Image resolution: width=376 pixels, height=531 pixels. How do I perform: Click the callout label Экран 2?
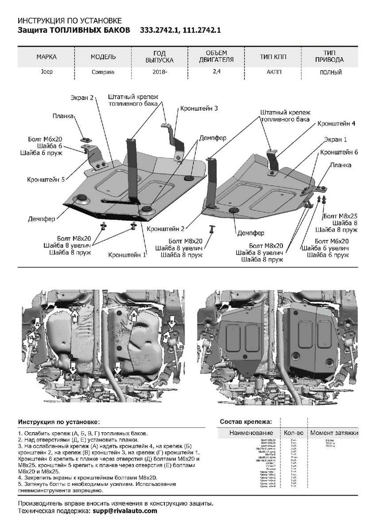click(x=82, y=98)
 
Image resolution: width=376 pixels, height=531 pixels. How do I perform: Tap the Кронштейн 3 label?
click(x=198, y=108)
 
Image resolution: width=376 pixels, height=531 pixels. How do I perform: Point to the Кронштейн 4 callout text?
click(x=336, y=123)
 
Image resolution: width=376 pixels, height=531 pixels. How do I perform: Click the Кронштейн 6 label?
click(x=339, y=152)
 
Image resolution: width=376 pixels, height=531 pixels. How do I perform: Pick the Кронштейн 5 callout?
click(x=46, y=179)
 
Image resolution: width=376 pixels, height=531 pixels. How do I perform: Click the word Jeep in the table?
click(x=47, y=71)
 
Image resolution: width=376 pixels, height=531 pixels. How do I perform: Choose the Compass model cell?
click(x=103, y=72)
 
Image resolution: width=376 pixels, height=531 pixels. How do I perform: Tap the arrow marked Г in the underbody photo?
click(x=117, y=368)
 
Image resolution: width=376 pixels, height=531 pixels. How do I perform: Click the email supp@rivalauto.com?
click(x=125, y=511)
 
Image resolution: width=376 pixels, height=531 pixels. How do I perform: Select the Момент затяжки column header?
click(x=334, y=433)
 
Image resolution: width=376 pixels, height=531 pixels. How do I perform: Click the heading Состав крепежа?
click(x=246, y=422)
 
